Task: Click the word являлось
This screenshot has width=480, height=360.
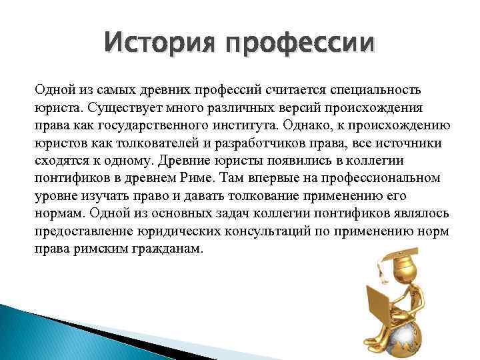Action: coord(423,214)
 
